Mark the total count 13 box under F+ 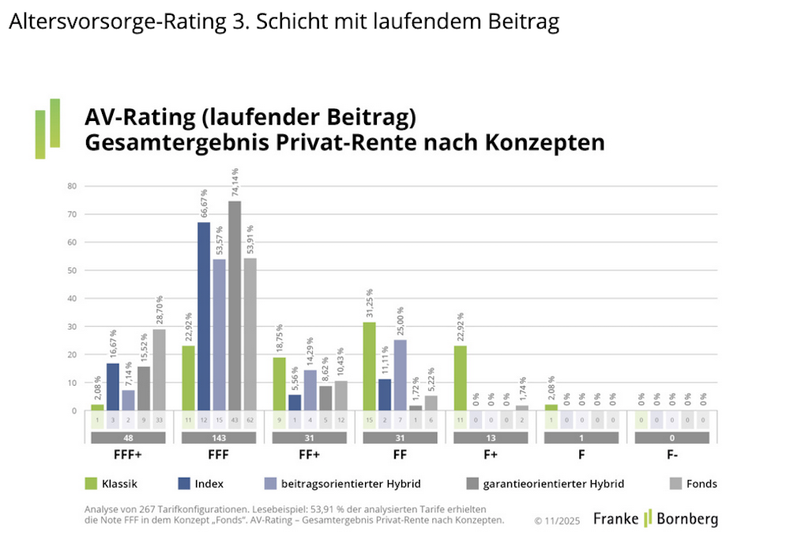coord(491,437)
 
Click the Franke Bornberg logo coord(656,519)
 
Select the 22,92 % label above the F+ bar coord(461,325)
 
